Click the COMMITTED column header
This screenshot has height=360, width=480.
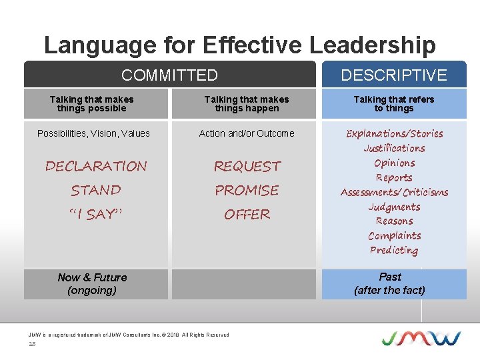(169, 75)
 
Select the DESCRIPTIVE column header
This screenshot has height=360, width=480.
(394, 75)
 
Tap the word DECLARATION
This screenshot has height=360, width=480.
(96, 166)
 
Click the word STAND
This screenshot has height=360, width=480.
(96, 190)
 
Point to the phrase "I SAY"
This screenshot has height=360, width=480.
(95, 214)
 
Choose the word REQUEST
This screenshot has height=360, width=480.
(247, 166)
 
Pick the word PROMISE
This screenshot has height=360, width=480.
(247, 190)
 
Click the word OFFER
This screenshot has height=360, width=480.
(247, 214)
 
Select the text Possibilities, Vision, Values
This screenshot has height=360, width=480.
(93, 133)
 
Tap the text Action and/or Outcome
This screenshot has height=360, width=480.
(247, 133)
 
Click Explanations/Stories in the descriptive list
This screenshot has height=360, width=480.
(394, 133)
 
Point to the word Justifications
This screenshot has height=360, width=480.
(394, 148)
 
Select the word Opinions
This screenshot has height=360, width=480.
(394, 163)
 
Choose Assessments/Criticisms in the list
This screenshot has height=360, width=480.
(394, 192)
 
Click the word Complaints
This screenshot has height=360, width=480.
(394, 235)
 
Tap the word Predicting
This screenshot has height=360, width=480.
(394, 250)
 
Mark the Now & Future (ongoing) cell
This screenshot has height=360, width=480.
(92, 283)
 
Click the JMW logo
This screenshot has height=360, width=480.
(421, 337)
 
